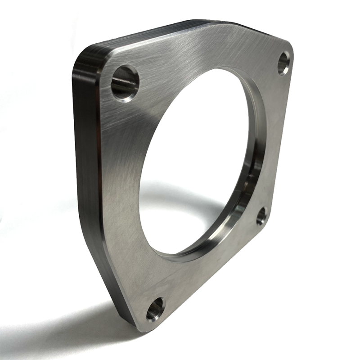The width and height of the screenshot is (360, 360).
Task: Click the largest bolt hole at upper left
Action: coord(125,83)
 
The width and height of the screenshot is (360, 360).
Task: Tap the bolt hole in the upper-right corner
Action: coord(283,63)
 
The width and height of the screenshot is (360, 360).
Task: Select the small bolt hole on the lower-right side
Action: coord(262,216)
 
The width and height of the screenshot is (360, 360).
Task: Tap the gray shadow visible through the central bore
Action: coord(180,202)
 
